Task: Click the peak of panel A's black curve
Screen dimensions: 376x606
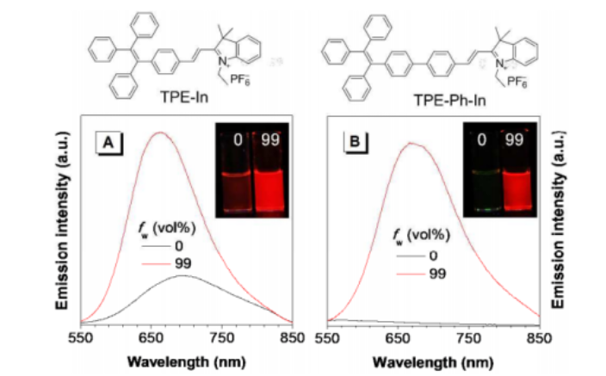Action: click(186, 276)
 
